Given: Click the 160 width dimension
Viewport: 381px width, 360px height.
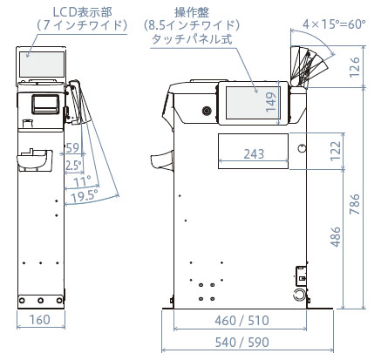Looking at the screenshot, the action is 40,320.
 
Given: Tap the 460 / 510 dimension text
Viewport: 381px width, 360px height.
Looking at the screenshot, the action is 242,321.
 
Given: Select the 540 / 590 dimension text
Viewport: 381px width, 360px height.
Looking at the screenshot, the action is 242,343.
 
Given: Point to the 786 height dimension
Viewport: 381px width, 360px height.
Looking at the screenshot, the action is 355,204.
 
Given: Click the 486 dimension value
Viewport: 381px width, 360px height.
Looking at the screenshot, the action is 336,237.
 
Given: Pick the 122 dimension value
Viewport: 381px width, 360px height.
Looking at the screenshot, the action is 336,151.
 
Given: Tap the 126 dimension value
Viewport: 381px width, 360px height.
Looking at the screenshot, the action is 355,67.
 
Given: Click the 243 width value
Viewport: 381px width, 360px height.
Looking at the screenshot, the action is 254,154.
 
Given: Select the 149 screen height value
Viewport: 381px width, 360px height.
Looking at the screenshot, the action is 271,102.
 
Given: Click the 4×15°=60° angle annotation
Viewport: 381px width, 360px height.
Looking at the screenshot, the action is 334,24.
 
